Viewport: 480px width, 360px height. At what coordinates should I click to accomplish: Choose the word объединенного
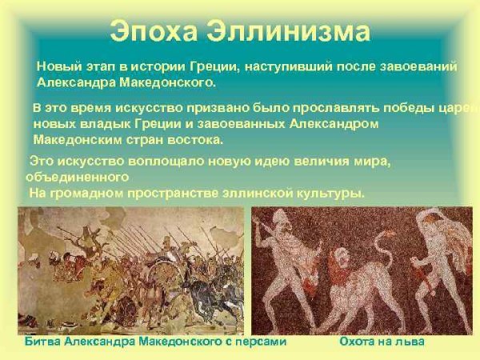pos(77,177)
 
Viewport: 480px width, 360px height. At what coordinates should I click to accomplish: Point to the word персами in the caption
pos(258,342)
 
